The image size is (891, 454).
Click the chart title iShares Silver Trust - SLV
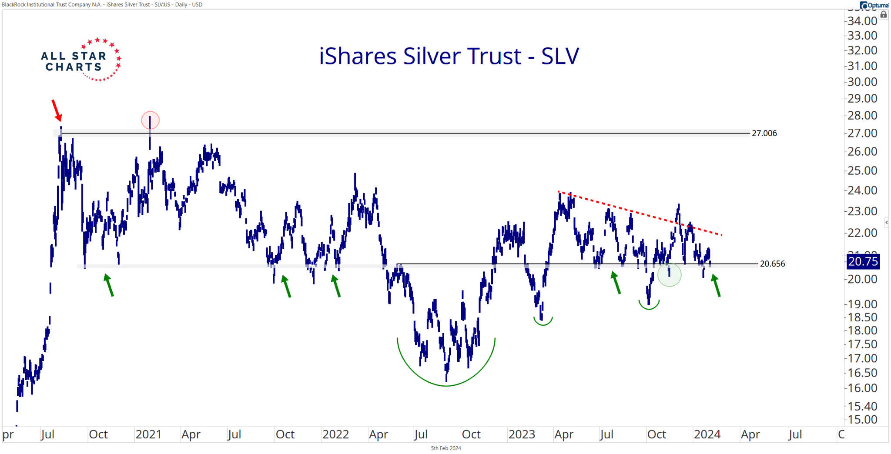[x=449, y=56]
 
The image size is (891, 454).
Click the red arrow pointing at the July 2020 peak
[x=57, y=110]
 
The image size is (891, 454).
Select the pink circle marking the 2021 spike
[x=150, y=120]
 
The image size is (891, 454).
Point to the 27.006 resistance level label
[x=764, y=134]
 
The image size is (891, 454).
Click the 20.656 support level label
[x=772, y=264]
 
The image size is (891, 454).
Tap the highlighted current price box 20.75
[x=863, y=261]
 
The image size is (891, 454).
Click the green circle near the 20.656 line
[x=669, y=274]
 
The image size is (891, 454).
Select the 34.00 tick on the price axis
[x=862, y=21]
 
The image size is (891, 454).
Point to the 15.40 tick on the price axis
[x=862, y=406]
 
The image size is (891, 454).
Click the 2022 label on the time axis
[x=335, y=434]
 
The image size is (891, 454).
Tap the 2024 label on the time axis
[x=707, y=434]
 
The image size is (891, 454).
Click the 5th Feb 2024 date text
[x=446, y=448]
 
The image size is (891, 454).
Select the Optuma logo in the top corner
[x=874, y=5]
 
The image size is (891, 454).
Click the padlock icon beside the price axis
[x=884, y=15]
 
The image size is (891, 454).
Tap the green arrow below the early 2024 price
[x=716, y=286]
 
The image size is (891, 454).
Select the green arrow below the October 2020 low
[x=109, y=285]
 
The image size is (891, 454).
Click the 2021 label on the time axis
[x=148, y=434]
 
